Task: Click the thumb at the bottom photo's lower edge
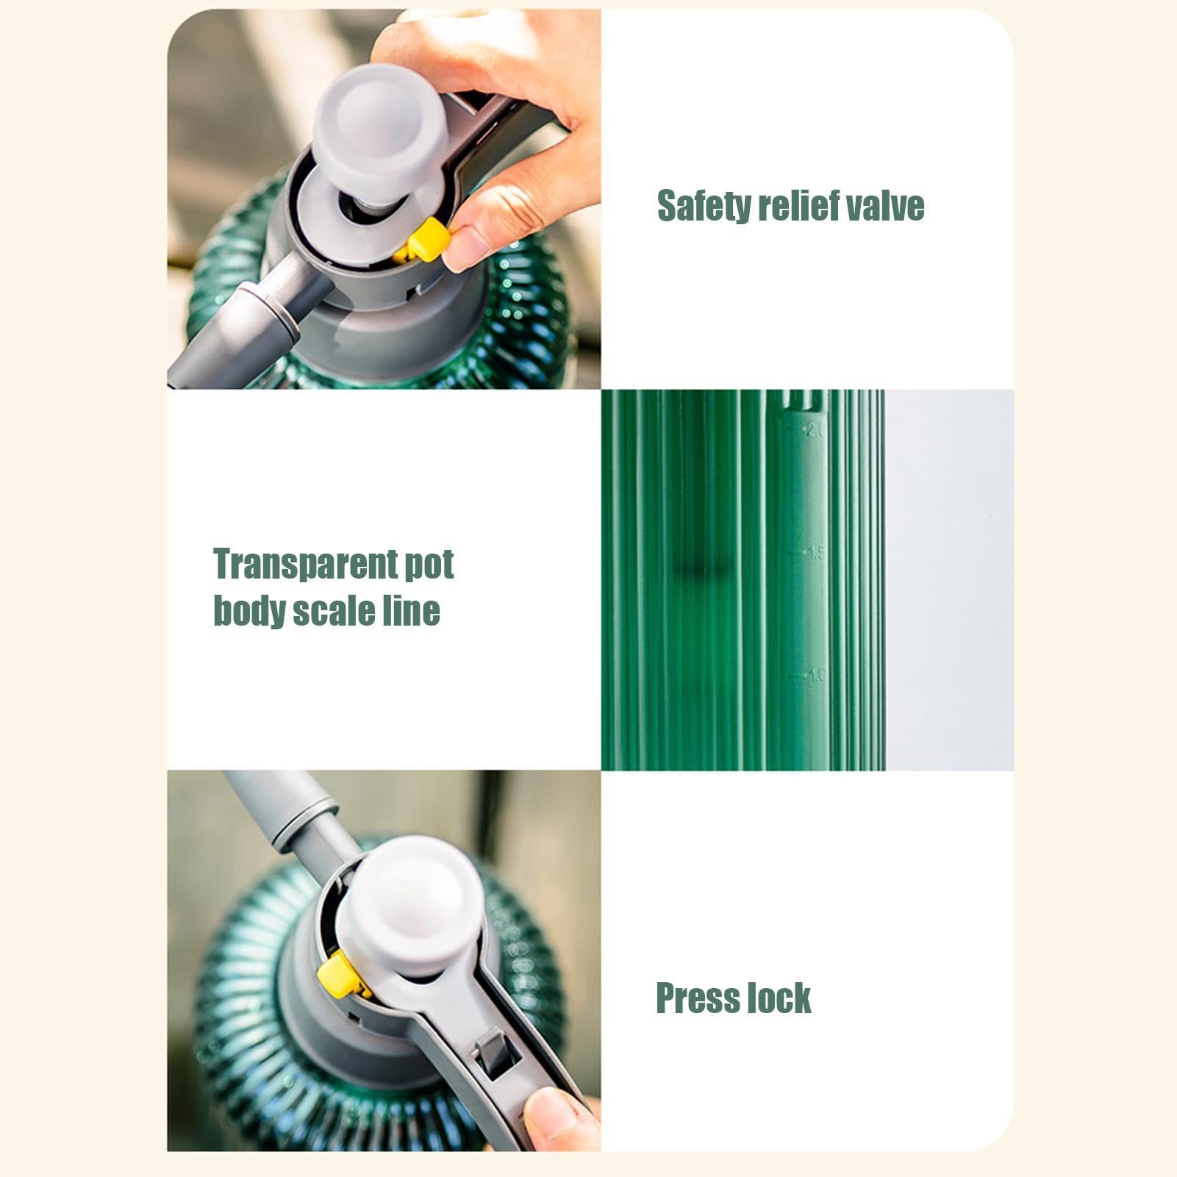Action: click(559, 1121)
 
